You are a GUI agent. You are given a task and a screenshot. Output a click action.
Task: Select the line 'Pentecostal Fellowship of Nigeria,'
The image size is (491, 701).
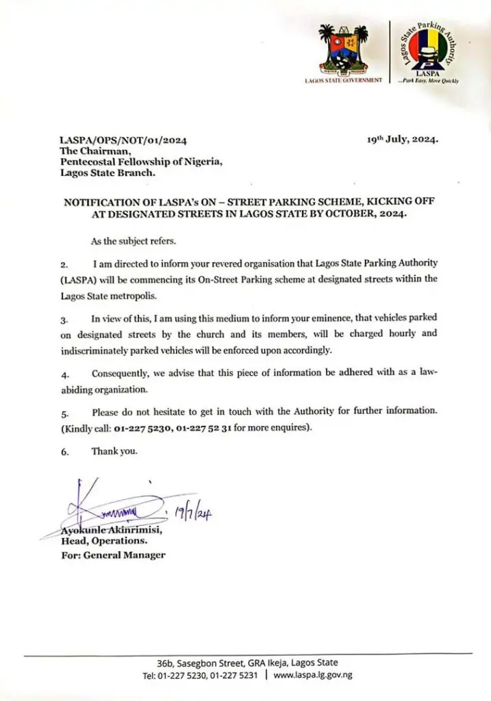click(x=142, y=162)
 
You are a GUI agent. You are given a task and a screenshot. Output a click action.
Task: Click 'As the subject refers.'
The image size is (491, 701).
click(x=133, y=242)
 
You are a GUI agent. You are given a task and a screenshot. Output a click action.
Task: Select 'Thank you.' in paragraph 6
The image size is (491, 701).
click(x=114, y=451)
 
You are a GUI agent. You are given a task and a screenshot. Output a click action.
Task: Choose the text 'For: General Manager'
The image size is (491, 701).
click(x=113, y=555)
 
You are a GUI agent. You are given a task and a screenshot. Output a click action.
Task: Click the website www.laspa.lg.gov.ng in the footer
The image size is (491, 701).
click(x=313, y=675)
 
